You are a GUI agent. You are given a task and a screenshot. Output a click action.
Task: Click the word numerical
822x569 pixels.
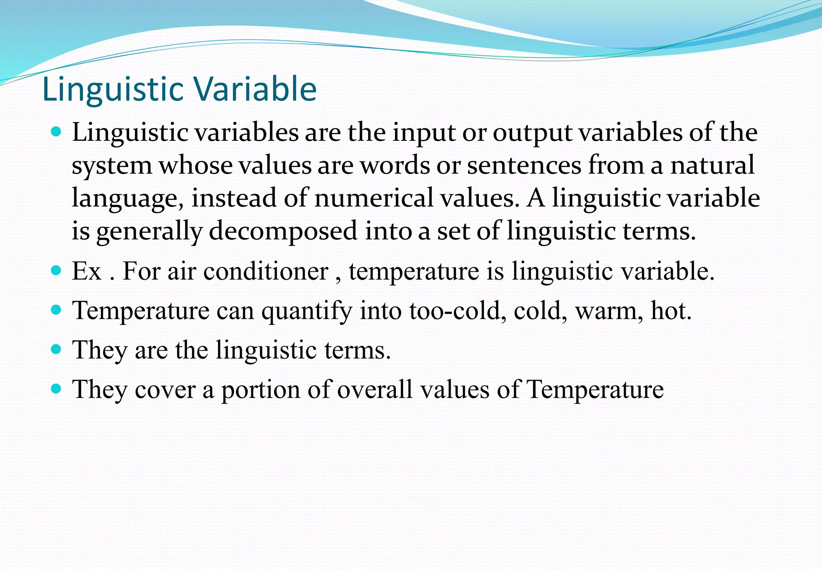click(x=374, y=198)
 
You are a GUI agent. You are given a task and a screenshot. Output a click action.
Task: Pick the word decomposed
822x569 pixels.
click(x=283, y=232)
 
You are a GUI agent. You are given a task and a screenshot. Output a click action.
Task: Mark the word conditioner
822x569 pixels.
click(x=266, y=271)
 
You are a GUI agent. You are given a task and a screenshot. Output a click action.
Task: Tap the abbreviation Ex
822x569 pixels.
click(x=86, y=271)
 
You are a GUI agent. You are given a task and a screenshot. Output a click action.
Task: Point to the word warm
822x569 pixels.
click(x=606, y=311)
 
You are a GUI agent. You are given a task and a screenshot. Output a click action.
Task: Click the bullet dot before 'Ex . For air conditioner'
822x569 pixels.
click(x=57, y=270)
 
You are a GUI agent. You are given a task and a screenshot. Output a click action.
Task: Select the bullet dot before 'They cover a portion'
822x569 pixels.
click(x=57, y=388)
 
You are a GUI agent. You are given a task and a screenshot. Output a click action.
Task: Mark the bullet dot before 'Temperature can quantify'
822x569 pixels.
click(x=57, y=310)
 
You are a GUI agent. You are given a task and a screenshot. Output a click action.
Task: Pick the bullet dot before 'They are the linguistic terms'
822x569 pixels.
click(x=57, y=349)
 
